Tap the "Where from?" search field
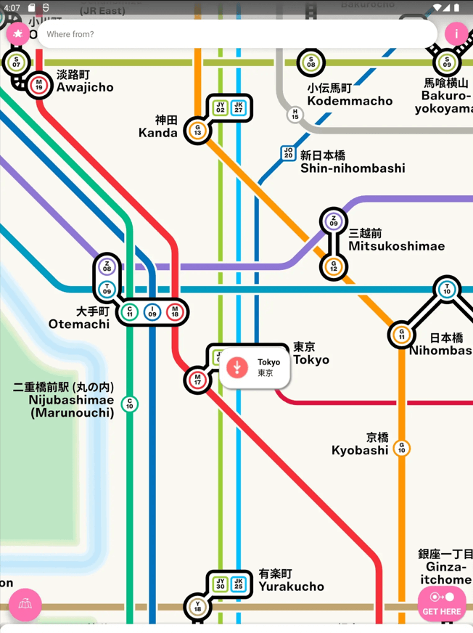[x=232, y=34]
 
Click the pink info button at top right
[x=456, y=33]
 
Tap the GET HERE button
[x=442, y=603]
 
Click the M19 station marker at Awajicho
[x=39, y=85]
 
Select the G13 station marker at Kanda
[x=197, y=131]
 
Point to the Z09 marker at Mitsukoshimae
[x=334, y=221]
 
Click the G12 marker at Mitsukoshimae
[x=334, y=267]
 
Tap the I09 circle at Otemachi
[x=152, y=312]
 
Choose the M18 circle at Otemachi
[x=175, y=312]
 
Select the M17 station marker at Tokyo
[x=197, y=380]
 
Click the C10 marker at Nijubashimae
[x=130, y=404]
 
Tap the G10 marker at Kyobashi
[x=401, y=449]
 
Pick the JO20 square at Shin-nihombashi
[x=289, y=153]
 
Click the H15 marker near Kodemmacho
[x=295, y=115]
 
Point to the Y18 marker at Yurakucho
[x=197, y=607]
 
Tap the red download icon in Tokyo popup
[x=237, y=367]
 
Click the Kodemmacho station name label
[x=350, y=94]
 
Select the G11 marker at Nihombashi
[x=401, y=335]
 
